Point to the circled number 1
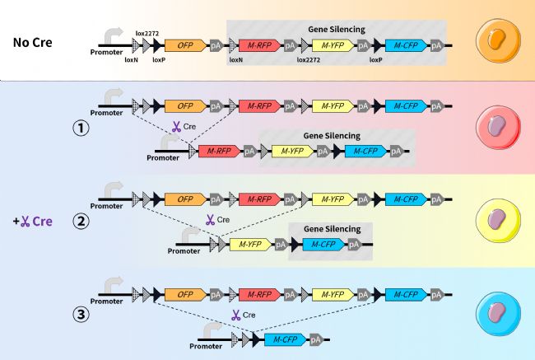(81, 129)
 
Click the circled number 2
(81, 221)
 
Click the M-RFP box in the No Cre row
(258, 45)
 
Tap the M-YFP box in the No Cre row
(333, 45)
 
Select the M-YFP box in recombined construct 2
(251, 244)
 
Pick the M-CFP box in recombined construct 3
(284, 339)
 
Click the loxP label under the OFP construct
(159, 60)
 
